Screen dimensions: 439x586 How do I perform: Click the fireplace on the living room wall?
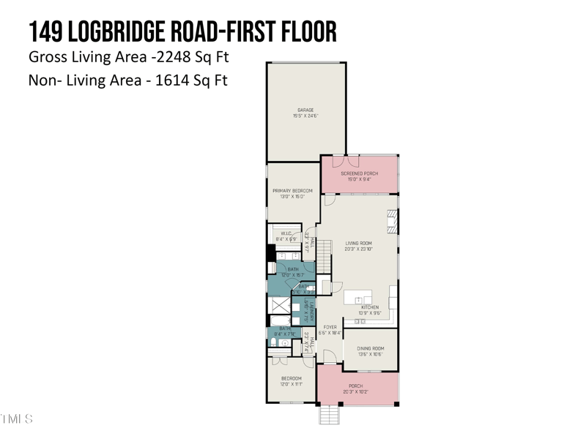tap(392, 221)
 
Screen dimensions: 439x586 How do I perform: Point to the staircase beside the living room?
tap(324, 258)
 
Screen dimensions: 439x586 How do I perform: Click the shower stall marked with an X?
tap(279, 305)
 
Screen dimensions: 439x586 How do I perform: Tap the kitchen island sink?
tap(359, 299)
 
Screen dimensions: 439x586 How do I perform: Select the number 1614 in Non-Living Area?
tap(170, 80)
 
